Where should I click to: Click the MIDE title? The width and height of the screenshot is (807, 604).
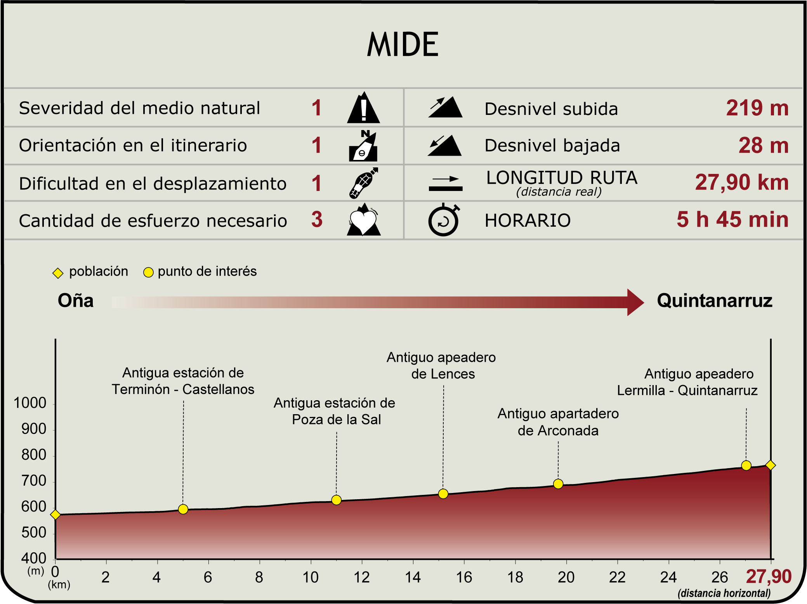[403, 45]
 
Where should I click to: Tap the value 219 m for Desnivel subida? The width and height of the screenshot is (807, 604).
[757, 108]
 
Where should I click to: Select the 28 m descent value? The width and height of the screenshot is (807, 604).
[763, 146]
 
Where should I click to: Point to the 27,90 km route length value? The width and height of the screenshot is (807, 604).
[741, 182]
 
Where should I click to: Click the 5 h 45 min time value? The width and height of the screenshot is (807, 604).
[732, 219]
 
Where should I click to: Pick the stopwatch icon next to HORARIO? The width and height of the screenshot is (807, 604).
[444, 220]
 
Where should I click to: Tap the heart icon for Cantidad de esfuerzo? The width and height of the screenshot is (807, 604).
[363, 220]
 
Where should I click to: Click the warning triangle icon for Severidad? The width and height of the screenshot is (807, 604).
[363, 108]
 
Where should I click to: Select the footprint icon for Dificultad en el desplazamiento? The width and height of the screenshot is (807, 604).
[363, 183]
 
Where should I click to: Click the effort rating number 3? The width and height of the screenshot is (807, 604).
[317, 219]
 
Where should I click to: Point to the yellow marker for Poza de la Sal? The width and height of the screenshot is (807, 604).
[337, 500]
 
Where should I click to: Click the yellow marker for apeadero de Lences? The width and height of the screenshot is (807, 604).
[443, 494]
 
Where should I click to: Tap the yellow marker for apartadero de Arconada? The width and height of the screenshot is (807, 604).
[558, 484]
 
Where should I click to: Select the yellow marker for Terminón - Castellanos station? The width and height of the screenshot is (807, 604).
[183, 509]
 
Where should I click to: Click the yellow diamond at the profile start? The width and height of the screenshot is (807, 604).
[56, 515]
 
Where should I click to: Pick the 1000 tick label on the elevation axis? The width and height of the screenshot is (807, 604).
[30, 403]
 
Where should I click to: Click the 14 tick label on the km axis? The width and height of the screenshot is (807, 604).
[413, 578]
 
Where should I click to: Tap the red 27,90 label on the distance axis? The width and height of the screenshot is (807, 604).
[768, 576]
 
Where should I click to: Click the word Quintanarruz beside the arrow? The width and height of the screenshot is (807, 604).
[714, 301]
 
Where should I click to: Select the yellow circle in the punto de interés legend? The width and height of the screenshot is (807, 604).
[148, 272]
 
